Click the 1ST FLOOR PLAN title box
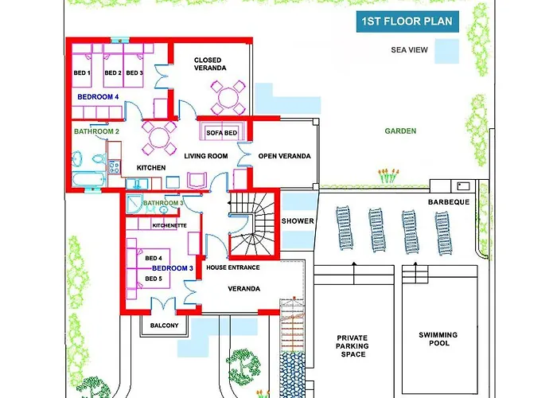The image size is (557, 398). click(407, 21)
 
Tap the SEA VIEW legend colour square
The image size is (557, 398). click(447, 51)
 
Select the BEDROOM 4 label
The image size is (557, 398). click(98, 97)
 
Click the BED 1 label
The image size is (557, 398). click(82, 73)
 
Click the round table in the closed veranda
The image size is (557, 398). click(228, 98)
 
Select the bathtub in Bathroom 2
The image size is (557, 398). click(89, 179)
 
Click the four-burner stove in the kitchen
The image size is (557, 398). click(115, 167)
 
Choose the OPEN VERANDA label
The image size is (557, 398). click(285, 156)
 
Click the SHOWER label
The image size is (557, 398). click(298, 221)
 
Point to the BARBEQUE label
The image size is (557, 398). click(449, 202)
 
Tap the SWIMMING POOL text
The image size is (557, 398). click(438, 339)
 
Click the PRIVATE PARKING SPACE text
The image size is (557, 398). click(353, 345)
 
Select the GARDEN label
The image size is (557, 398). click(400, 131)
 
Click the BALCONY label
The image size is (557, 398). click(164, 325)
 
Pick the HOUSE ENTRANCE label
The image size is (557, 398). click(233, 267)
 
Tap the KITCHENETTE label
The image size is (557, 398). click(169, 225)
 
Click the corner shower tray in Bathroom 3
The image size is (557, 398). click(134, 204)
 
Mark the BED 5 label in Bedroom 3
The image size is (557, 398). click(154, 279)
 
